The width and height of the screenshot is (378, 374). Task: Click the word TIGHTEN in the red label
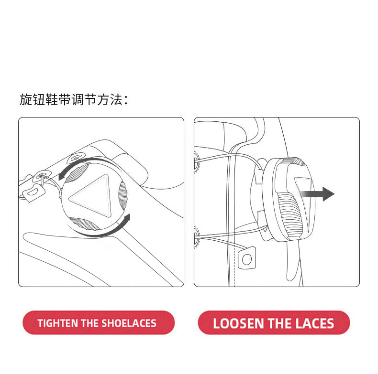[x=58, y=323]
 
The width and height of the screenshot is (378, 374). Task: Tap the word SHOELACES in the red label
[x=129, y=323]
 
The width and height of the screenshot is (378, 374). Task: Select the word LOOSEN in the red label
[x=238, y=323]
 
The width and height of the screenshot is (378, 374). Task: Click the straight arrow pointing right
[x=318, y=194]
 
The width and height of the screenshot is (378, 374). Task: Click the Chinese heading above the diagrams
[x=74, y=100]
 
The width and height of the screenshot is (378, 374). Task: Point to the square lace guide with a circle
[x=246, y=258]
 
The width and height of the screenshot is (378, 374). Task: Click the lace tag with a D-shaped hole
[x=33, y=192]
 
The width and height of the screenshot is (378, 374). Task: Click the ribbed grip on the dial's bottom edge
[x=84, y=224]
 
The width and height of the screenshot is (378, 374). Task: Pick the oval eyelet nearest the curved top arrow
[x=76, y=158]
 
